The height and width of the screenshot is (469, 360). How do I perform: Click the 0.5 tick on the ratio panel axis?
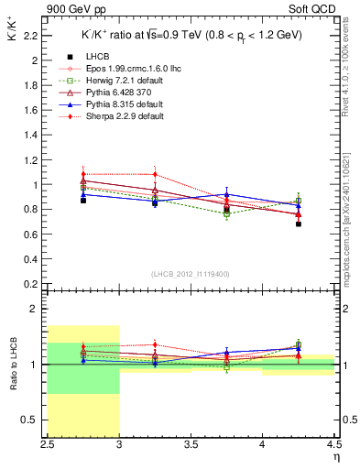[x=34, y=420]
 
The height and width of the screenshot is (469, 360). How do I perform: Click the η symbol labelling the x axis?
[x=335, y=457]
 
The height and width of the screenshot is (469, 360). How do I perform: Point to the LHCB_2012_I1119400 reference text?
[x=190, y=274]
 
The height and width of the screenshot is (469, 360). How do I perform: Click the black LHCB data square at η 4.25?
[x=299, y=224]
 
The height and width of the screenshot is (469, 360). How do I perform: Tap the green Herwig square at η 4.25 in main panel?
[x=299, y=201]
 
